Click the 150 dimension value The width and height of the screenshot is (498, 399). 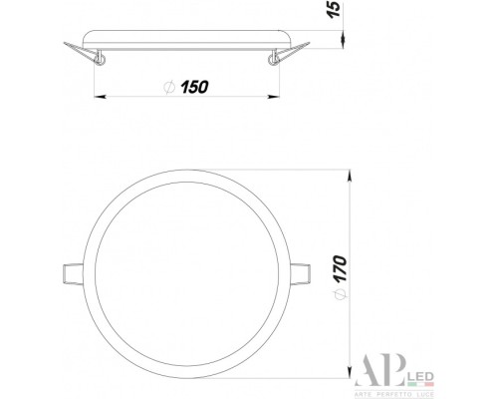(194, 87)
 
